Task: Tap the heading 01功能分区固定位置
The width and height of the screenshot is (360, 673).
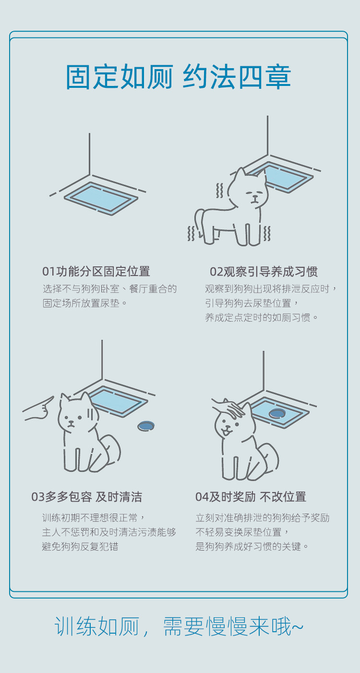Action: point(96,272)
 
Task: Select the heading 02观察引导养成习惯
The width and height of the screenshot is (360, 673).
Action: point(264,272)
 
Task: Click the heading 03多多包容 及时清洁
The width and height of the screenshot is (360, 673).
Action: point(87,497)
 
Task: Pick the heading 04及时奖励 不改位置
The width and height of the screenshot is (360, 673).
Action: point(251,497)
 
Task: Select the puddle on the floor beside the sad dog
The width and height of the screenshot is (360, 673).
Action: point(146,425)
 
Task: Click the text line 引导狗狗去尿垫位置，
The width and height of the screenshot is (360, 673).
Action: point(252,303)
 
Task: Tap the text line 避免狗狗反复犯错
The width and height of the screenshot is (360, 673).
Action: point(80,546)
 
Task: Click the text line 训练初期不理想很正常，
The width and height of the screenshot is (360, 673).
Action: point(94,517)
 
